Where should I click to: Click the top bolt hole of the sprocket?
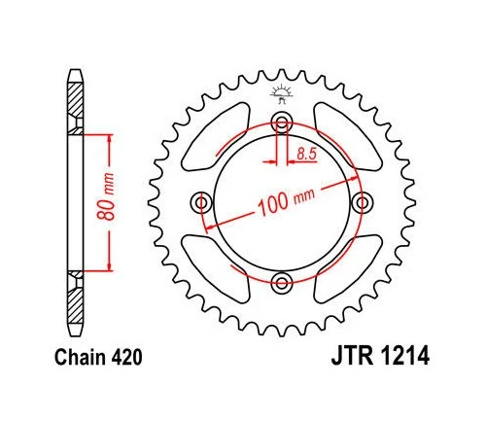283,123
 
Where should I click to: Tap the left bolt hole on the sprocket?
202,202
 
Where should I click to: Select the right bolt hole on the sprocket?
364,202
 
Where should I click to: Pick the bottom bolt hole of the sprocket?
283,283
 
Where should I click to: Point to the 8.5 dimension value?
306,153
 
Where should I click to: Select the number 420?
128,359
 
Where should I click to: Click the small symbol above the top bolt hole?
283,94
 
